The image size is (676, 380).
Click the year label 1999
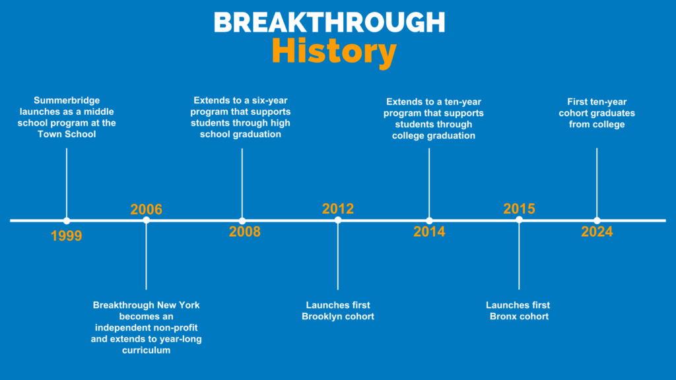66,236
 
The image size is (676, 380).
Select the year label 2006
146,209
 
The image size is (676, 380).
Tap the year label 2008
244,232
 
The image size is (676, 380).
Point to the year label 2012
337,208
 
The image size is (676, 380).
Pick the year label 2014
429,232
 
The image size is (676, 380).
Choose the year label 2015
519,208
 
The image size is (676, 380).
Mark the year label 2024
597,232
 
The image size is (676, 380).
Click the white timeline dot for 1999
67,220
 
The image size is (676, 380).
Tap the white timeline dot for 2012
338,220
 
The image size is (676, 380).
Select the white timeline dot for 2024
597,220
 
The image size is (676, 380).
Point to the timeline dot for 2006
146,220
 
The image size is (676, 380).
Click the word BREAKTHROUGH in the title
329,22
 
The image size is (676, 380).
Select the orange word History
334,51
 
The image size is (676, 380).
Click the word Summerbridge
67,100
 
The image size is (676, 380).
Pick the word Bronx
504,317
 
